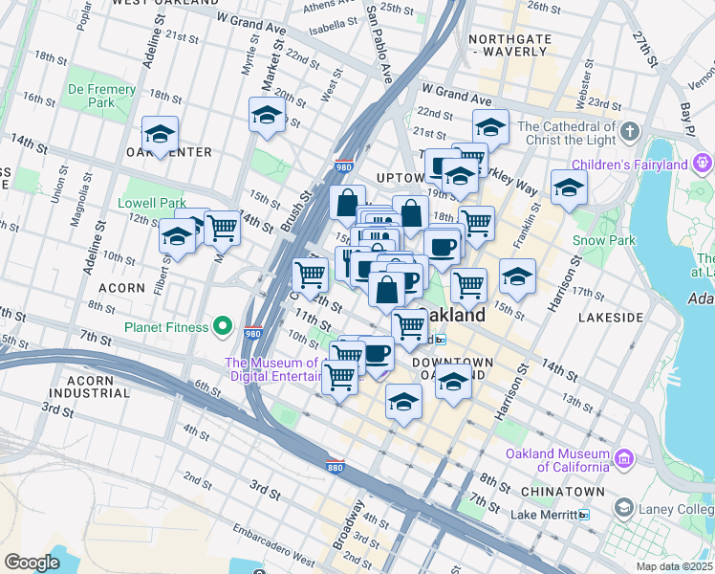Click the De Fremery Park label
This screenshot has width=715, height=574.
pos(101,97)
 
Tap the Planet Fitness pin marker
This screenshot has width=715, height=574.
pos(223,327)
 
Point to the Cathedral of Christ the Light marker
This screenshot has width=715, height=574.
pos(629,131)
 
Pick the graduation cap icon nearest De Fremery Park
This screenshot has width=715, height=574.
pos(160,133)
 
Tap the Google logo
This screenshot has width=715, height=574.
pos(32,563)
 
